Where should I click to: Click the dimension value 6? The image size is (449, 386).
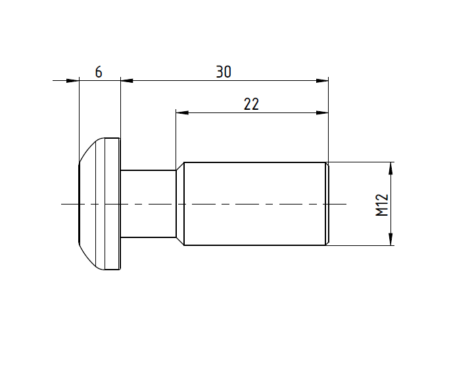[99, 72]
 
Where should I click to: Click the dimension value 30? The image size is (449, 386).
[224, 72]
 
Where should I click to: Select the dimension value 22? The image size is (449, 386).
[251, 104]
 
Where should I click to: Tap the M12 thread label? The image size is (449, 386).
[382, 205]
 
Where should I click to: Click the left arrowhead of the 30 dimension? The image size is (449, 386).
[127, 81]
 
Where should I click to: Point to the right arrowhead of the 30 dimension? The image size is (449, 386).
[322, 81]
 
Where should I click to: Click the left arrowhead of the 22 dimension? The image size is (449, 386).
[182, 113]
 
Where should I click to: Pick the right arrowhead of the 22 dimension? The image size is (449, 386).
[322, 113]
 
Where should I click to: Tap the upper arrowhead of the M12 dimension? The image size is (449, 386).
[390, 168]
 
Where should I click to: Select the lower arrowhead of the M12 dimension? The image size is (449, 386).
[390, 239]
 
